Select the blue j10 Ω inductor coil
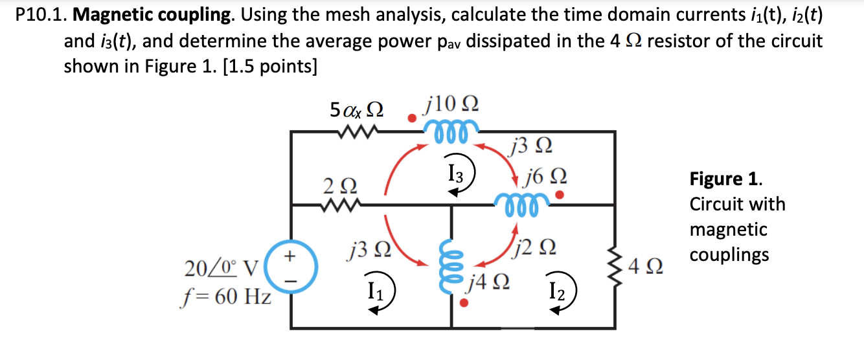[452, 124]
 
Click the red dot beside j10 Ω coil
[410, 118]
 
